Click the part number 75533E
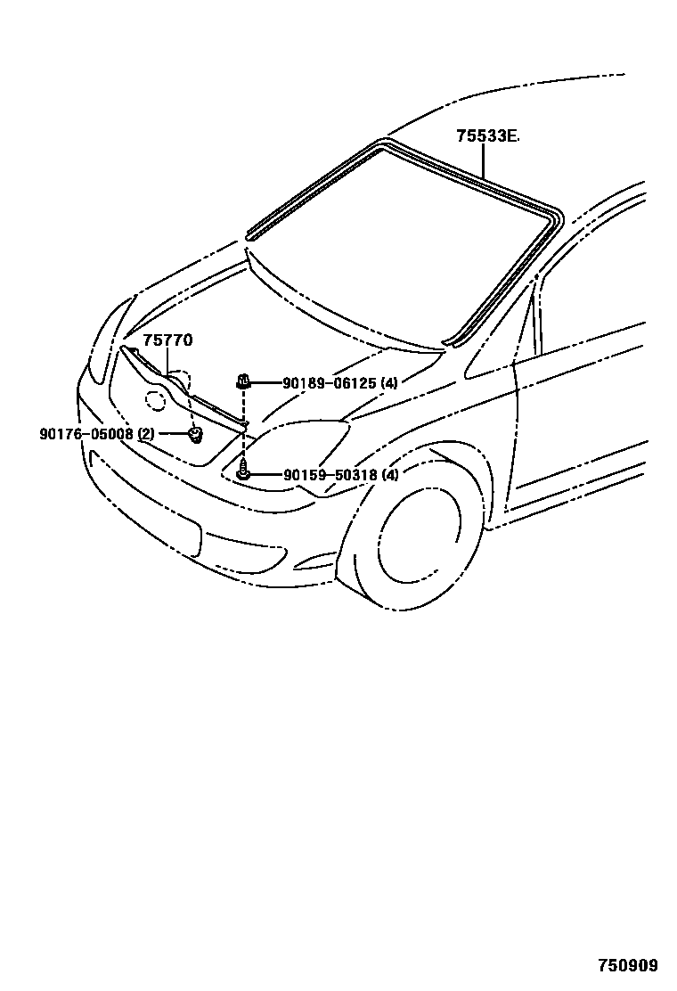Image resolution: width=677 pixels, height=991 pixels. pos(486,136)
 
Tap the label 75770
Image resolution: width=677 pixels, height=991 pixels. pos(167,340)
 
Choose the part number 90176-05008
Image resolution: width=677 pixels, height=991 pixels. pos(86,434)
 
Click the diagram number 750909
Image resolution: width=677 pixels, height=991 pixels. pos(627,965)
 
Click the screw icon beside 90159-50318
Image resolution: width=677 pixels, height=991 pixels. pos(243,472)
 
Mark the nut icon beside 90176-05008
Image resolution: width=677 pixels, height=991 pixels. pos(193,435)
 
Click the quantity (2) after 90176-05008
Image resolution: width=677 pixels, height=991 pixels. pos(146,434)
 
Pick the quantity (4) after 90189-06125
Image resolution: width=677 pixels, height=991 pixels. pos(388,383)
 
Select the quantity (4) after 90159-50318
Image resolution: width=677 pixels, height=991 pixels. pos(389,475)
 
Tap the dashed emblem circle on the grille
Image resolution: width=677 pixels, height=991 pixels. pos(155,402)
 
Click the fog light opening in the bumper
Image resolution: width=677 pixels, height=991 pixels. pos(312,561)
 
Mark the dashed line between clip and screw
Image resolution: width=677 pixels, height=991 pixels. pos(242,428)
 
